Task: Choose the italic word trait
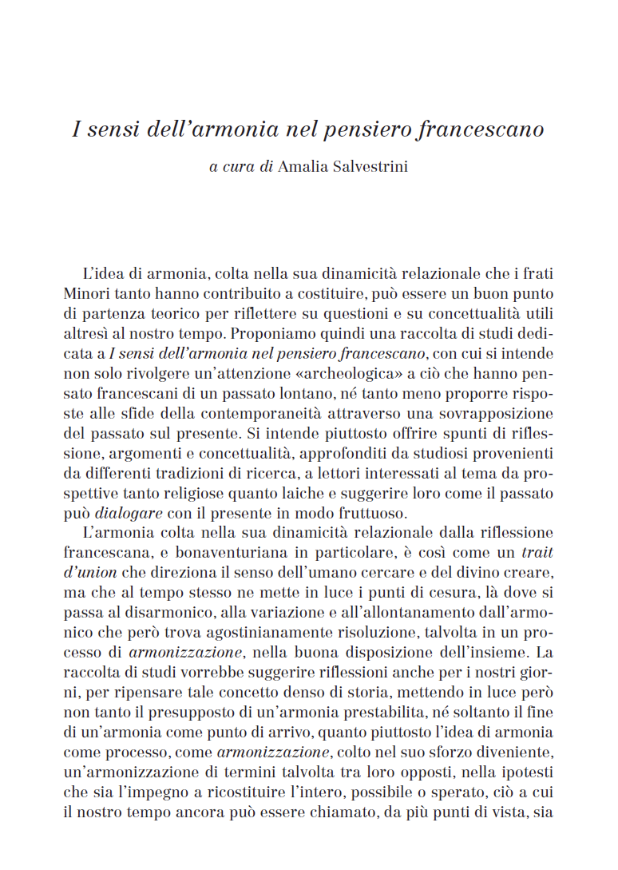pos(537,551)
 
